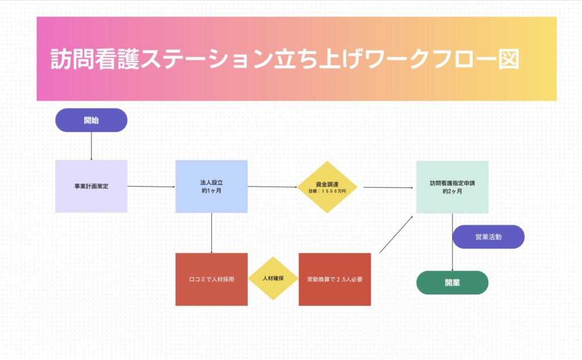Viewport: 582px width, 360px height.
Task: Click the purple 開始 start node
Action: point(91,120)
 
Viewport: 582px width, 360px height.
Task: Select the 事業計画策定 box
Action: point(91,186)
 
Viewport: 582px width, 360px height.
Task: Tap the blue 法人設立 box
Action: point(211,186)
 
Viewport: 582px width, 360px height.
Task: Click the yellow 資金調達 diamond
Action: point(327,187)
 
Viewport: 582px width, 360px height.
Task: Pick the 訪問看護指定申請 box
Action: point(452,187)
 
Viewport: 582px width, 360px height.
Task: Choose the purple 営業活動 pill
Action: point(488,237)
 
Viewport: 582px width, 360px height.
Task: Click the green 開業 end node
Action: point(452,283)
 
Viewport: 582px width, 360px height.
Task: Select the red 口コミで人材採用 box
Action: point(211,279)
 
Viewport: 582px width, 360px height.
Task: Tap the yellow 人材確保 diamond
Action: point(273,279)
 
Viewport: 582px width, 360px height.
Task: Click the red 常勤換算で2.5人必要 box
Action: point(335,279)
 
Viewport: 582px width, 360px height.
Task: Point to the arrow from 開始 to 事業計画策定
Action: point(91,146)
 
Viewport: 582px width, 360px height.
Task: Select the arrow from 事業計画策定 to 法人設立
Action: point(151,186)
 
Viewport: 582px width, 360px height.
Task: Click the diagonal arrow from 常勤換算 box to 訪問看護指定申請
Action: point(396,234)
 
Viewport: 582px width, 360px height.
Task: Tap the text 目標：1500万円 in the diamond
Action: point(327,192)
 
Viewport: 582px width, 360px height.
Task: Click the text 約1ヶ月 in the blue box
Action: point(211,191)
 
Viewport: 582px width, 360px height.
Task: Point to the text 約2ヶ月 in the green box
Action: point(452,192)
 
